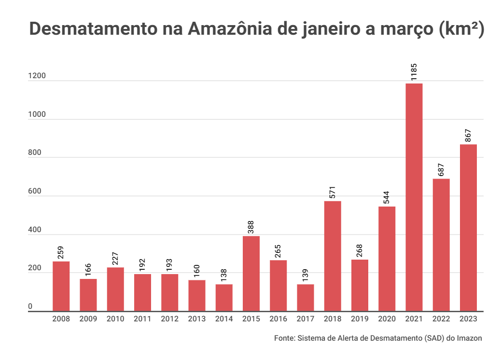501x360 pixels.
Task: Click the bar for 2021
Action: (414, 197)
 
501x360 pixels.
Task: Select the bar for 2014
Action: (224, 298)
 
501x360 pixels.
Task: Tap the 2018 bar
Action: (333, 256)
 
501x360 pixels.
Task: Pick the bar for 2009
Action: (88, 295)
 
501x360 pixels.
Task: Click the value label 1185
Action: (414, 71)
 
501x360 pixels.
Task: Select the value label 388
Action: (251, 227)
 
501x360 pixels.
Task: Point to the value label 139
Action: (306, 276)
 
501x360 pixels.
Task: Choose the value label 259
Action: (61, 253)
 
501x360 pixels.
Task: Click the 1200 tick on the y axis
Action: (37, 76)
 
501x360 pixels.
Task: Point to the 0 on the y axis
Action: (30, 307)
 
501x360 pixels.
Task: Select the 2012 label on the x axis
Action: (169, 319)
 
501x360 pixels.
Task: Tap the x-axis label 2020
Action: (387, 319)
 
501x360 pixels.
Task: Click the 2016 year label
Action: (278, 319)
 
